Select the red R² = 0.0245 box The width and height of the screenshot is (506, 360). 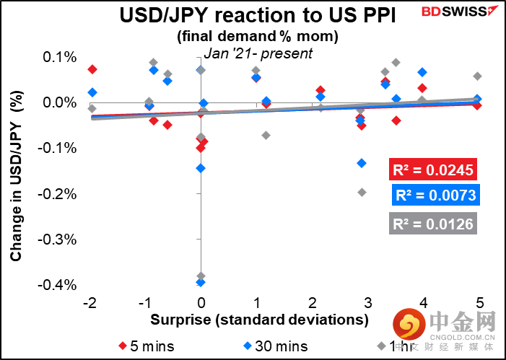coord(432,171)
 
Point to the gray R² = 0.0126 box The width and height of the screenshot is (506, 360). coord(432,224)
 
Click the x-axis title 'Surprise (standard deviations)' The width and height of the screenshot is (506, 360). coord(260,318)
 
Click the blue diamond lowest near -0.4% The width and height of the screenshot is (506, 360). coord(201,282)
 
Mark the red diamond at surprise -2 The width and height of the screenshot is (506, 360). coord(92,69)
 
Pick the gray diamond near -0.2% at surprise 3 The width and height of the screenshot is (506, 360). coord(362,192)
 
